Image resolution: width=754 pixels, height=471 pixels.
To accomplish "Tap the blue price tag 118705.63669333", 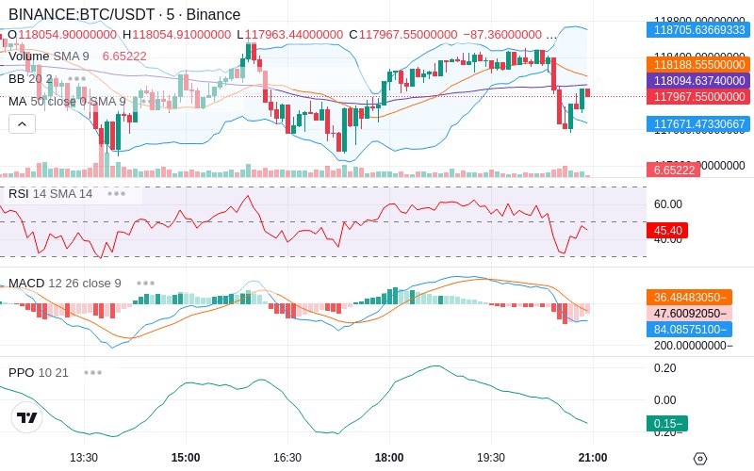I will pos(697,30).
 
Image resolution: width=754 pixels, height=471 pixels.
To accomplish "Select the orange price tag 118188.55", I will pos(697,64).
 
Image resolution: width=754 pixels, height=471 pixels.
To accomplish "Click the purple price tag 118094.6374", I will pos(697,80).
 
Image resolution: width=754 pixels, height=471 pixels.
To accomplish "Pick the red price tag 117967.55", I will pos(697,96).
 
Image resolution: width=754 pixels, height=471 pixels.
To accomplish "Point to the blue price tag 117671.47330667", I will pos(697,123).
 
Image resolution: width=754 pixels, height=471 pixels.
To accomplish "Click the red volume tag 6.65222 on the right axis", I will pos(672,170).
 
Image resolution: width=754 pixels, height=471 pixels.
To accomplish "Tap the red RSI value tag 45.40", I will pos(667,230).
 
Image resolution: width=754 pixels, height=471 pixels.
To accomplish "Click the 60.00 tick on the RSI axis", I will pos(668,203).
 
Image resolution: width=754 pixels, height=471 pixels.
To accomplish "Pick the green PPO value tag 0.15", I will pos(666,424).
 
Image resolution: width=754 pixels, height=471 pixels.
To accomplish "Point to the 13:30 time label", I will pos(84,457).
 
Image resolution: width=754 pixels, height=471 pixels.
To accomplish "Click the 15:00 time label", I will pos(186,457).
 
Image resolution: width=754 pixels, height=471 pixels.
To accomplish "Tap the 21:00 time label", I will pos(592,457).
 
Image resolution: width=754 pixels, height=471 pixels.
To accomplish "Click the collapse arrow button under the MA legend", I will pos(22,123).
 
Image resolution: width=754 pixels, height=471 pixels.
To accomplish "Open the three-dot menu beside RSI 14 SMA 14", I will pos(116,193).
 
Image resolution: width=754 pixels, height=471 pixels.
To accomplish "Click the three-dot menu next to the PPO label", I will pos(92,372).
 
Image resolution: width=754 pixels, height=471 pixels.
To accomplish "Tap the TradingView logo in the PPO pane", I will pos(27,417).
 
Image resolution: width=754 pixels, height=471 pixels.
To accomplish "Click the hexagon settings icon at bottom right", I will pos(699,458).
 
